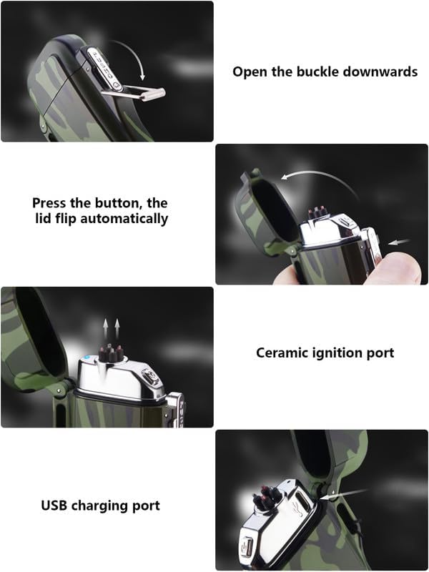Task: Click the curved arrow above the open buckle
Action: point(131,51)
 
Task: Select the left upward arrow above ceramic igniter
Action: point(105,328)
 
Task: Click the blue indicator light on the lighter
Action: point(87,358)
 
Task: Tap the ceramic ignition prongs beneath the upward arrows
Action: point(111,352)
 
